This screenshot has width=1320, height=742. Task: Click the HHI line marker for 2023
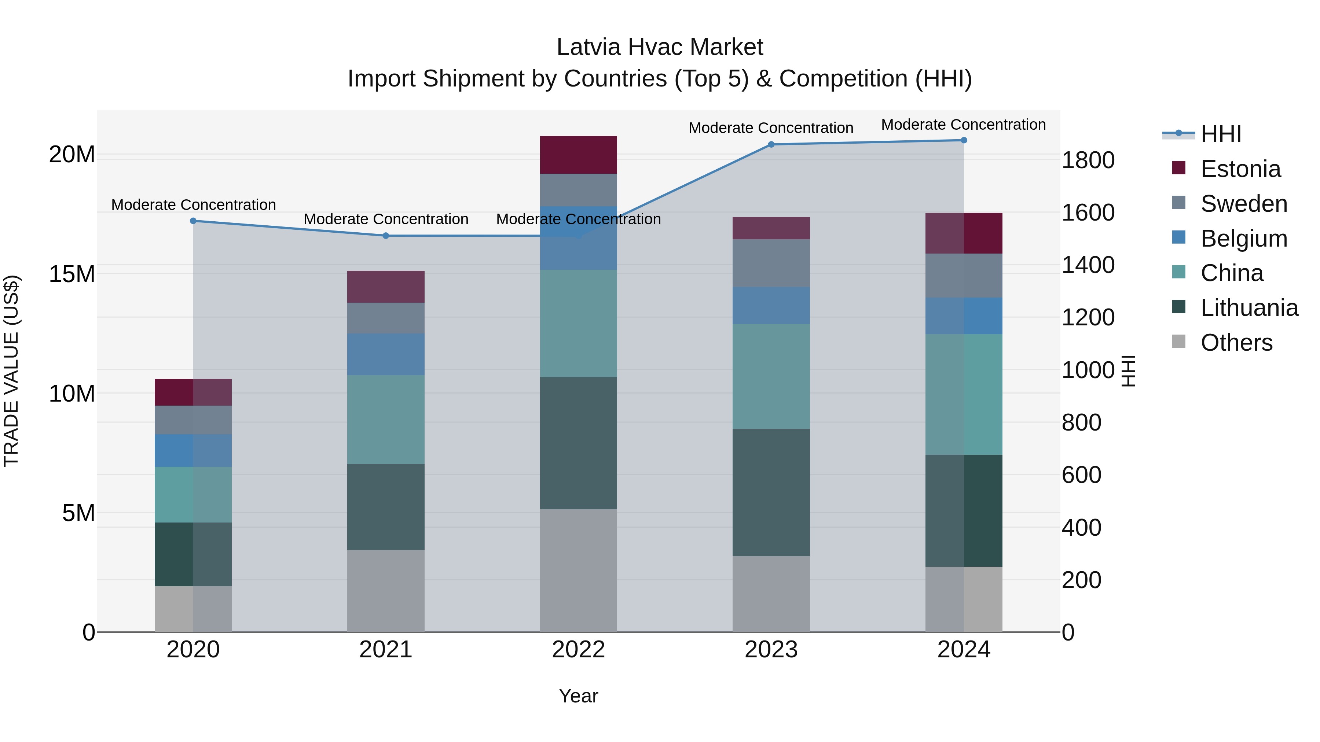point(771,144)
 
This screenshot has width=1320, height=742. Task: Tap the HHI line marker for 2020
point(193,221)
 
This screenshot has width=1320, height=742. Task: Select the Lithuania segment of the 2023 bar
point(771,492)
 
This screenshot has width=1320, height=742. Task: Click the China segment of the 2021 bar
point(385,420)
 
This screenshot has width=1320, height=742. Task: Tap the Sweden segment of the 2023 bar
point(771,263)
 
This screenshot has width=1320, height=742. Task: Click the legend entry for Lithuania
point(1249,308)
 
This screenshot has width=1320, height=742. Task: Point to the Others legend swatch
point(1178,342)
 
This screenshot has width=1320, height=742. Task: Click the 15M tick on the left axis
point(72,274)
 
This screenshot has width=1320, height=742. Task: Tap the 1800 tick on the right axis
point(1088,160)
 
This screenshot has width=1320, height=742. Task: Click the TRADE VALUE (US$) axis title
point(11,371)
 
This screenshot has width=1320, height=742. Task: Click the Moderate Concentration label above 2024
point(963,125)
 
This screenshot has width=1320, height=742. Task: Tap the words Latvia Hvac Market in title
point(660,47)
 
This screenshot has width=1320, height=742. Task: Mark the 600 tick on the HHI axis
point(1081,475)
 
